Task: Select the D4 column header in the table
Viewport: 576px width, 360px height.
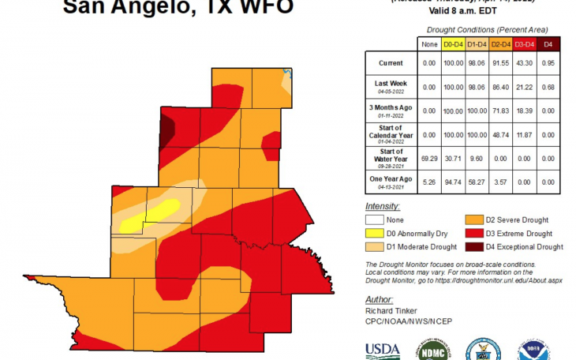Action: (x=551, y=44)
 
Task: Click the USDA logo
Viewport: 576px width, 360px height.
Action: (x=382, y=351)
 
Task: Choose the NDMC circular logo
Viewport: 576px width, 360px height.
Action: (x=431, y=350)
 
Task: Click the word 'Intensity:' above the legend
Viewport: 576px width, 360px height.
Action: (x=383, y=206)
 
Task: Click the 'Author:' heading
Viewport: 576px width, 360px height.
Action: (x=379, y=300)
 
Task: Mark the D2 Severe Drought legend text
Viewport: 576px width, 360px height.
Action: (x=518, y=220)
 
